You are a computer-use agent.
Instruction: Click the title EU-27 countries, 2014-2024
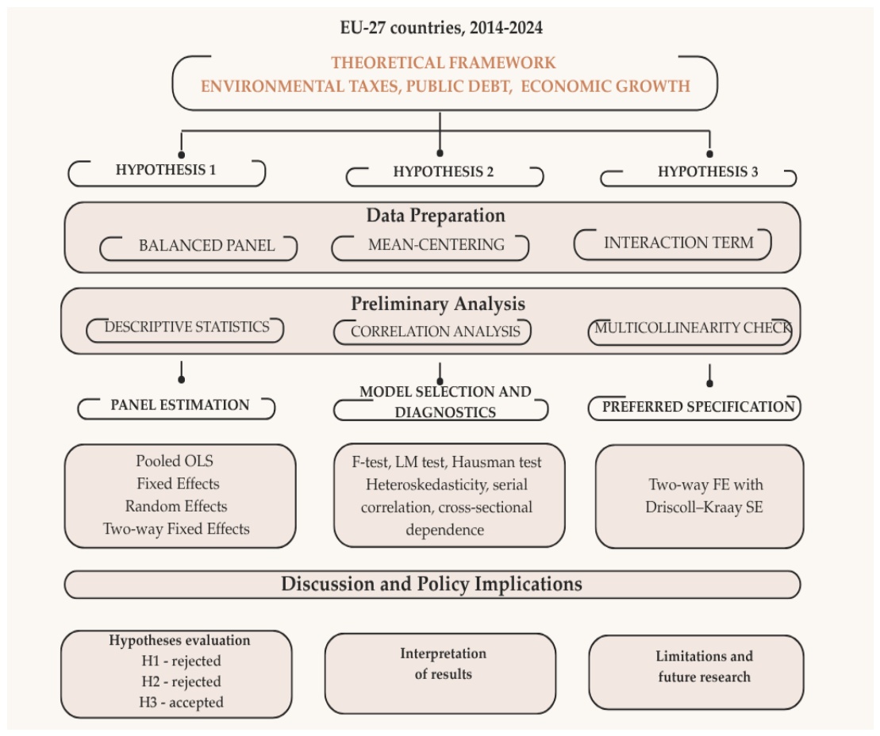pyautogui.click(x=441, y=28)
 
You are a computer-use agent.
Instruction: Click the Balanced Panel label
pyautogui.click(x=206, y=245)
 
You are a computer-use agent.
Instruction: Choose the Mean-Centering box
pyautogui.click(x=430, y=247)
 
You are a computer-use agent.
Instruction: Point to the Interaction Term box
pyautogui.click(x=672, y=244)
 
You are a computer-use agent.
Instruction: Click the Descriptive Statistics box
pyautogui.click(x=185, y=329)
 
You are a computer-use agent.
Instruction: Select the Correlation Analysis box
pyautogui.click(x=432, y=332)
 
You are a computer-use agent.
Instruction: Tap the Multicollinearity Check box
pyautogui.click(x=690, y=332)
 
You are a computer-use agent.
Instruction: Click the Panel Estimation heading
pyautogui.click(x=179, y=404)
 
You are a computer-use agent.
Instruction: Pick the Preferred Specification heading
pyautogui.click(x=698, y=407)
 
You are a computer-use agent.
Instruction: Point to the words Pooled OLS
pyautogui.click(x=175, y=461)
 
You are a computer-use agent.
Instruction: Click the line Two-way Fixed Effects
pyautogui.click(x=176, y=528)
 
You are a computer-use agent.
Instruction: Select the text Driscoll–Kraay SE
pyautogui.click(x=704, y=507)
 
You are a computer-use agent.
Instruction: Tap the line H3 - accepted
pyautogui.click(x=181, y=702)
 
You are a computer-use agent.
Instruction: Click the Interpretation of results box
pyautogui.click(x=440, y=673)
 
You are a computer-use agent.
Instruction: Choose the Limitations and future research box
pyautogui.click(x=696, y=672)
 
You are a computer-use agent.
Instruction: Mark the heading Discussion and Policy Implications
pyautogui.click(x=432, y=584)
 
